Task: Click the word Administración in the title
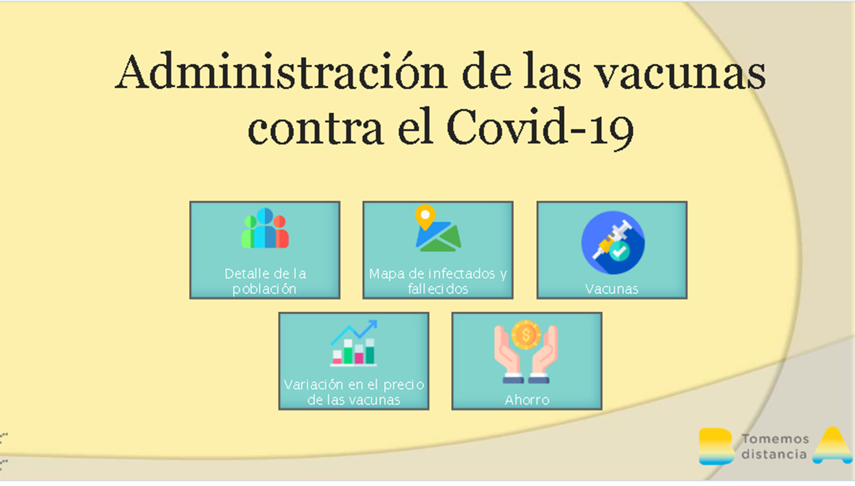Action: (x=281, y=71)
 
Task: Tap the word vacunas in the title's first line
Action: (x=680, y=74)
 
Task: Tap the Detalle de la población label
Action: (x=265, y=281)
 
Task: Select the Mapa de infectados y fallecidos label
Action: (x=438, y=281)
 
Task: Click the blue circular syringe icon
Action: (x=613, y=242)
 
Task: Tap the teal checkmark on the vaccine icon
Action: (x=619, y=251)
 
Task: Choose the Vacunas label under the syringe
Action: (x=612, y=289)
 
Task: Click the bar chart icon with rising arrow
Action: (x=354, y=343)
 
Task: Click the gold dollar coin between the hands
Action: (x=526, y=335)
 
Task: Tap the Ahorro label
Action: (x=527, y=400)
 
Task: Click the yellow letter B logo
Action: (x=716, y=446)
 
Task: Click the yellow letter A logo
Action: (x=833, y=445)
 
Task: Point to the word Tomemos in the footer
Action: (x=775, y=439)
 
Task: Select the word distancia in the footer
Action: (x=774, y=454)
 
